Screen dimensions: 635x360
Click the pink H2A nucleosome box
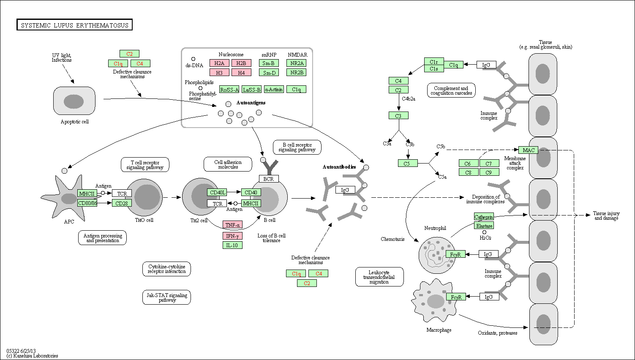tap(219, 63)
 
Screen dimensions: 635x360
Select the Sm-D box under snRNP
tap(269, 73)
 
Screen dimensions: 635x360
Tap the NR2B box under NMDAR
tap(297, 72)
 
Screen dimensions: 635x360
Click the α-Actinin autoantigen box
tap(274, 89)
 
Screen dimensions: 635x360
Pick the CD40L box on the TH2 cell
tap(217, 193)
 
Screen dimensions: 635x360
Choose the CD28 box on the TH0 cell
tap(122, 203)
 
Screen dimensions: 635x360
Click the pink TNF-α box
tap(232, 225)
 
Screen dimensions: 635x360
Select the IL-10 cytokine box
tap(232, 245)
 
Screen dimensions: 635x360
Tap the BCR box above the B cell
tap(269, 179)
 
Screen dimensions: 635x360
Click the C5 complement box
tap(408, 163)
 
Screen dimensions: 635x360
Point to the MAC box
tap(529, 150)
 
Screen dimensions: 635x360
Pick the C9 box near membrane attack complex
tap(489, 172)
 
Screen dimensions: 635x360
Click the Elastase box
tap(484, 226)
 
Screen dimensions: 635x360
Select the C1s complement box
tap(434, 68)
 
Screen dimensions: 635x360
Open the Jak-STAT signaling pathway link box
tap(167, 297)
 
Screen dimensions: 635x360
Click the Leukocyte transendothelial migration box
tap(379, 277)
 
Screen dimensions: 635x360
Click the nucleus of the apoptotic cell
tap(74, 101)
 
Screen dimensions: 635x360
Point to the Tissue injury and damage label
tap(606, 215)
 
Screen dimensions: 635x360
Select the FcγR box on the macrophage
tap(456, 297)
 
